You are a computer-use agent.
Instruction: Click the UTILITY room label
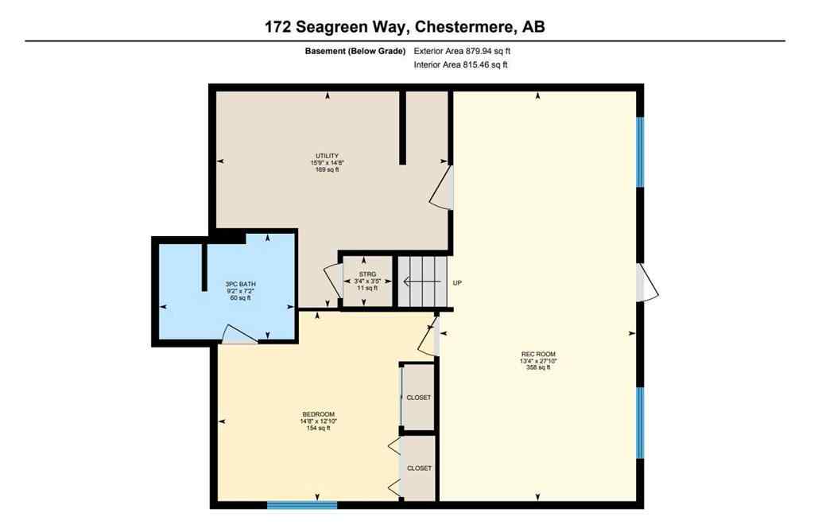pos(327,155)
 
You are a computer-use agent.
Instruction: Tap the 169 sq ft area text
pos(327,169)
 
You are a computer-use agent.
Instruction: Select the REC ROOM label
pos(537,354)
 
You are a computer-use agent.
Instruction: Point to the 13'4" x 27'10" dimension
pos(537,361)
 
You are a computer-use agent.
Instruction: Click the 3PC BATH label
pos(241,284)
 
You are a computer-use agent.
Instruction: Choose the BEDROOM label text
pos(318,414)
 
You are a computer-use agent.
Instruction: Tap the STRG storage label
pos(366,274)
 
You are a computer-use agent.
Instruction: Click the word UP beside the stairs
pos(457,282)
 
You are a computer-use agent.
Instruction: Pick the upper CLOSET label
pos(419,397)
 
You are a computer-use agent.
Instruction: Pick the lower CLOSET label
pos(419,468)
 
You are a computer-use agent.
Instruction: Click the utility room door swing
pos(442,188)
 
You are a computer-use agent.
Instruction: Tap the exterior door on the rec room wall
pos(647,283)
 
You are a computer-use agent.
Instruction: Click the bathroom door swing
pos(237,335)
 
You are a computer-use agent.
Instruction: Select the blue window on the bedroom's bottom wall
pos(302,504)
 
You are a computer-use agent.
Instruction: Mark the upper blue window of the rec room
pos(640,152)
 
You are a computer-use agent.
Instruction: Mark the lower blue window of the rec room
pos(640,422)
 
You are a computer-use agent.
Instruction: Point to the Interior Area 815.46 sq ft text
pos(461,65)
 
